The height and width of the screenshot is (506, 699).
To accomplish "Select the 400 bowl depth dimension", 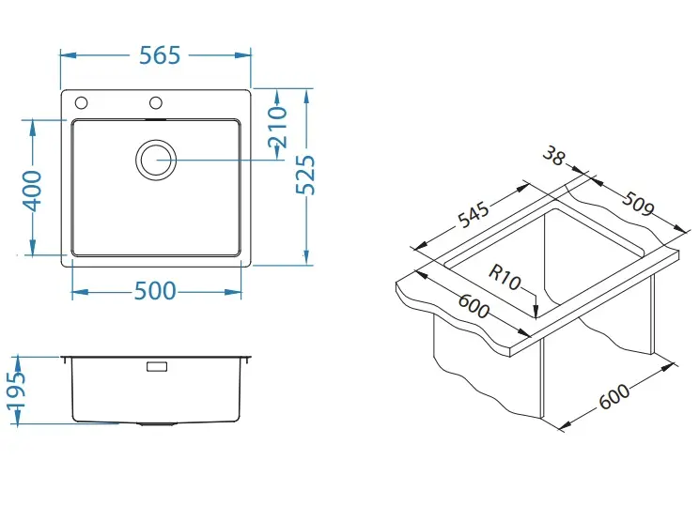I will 32,190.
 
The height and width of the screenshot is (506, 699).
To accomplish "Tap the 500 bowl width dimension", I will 156,291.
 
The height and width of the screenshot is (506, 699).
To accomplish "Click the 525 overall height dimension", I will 306,174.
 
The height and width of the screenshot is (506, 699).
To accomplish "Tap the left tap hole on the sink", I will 82,102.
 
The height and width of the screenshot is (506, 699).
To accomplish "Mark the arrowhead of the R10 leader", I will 535,311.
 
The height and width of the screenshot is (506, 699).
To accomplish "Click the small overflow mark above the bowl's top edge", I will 156,119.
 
